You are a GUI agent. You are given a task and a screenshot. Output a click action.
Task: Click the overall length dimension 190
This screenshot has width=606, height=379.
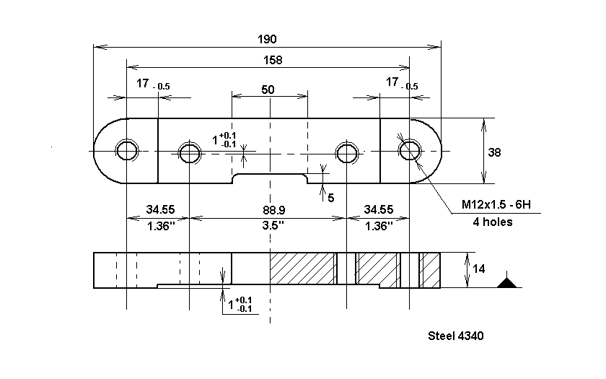pos(268,39)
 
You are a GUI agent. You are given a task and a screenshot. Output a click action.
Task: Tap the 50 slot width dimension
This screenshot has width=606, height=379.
pos(268,90)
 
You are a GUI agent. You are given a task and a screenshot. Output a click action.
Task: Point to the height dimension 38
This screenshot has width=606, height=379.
pos(494,152)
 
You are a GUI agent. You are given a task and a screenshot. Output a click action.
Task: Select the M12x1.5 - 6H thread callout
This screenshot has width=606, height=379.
pos(496,205)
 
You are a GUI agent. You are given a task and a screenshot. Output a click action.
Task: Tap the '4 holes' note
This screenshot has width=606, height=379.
pos(488,222)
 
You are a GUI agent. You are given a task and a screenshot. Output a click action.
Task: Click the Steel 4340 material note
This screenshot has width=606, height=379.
pos(455,336)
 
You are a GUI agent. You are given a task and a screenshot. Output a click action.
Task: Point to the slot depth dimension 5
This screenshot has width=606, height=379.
pos(331,196)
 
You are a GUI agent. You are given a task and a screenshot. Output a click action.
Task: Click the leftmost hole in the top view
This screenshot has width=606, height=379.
pos(127,150)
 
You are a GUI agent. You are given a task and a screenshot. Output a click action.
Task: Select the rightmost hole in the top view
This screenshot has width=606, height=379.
pos(409,150)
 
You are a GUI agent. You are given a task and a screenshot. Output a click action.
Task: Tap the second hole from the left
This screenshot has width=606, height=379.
pos(190,152)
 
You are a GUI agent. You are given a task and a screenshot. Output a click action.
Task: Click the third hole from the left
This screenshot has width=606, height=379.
pos(347,152)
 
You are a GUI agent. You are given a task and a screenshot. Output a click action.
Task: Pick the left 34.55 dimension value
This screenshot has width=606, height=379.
pos(160,210)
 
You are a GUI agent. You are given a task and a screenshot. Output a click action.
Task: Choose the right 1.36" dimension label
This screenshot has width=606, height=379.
pos(378,225)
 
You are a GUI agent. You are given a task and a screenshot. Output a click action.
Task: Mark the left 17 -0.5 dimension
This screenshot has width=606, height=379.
pos(153,85)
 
